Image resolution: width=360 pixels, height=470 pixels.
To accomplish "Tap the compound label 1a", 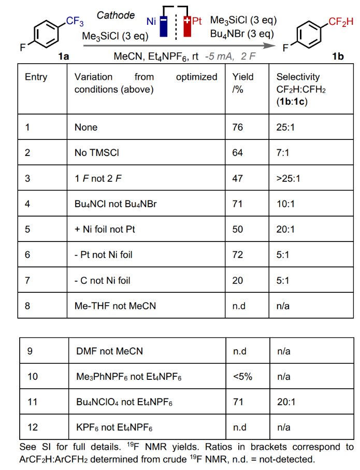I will click(x=64, y=56).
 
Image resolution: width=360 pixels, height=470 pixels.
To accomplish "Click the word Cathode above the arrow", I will click(x=116, y=15).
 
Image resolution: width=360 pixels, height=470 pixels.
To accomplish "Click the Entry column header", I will click(x=36, y=77).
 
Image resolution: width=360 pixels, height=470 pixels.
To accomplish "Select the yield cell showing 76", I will click(x=238, y=127).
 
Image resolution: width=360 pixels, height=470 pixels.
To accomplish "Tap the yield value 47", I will click(x=238, y=178).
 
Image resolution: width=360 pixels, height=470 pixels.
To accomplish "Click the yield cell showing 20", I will click(x=238, y=280).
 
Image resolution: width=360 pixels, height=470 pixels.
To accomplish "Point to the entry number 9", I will click(x=30, y=351).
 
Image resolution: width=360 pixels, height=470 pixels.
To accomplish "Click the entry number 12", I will click(x=32, y=428).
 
